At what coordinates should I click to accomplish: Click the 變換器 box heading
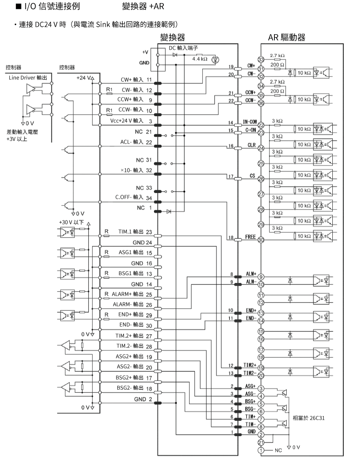tap(172, 37)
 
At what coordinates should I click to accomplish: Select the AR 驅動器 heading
tap(287, 37)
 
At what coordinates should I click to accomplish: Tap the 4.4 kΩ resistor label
tap(200, 59)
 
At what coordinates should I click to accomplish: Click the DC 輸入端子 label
tap(183, 48)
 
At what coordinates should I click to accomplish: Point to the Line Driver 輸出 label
tap(28, 78)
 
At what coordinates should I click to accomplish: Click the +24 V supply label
tap(83, 78)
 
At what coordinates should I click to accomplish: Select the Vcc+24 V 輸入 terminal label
tap(126, 121)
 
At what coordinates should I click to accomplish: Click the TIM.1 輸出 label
tap(130, 232)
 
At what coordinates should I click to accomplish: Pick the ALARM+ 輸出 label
tap(128, 294)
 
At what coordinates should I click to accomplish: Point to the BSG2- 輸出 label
tap(130, 388)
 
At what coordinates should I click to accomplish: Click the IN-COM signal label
tap(250, 122)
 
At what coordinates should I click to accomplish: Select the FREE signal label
tap(250, 237)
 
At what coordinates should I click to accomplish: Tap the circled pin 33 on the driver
tap(261, 59)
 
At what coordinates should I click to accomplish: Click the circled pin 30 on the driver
tap(261, 240)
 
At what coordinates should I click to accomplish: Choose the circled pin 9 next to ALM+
tap(261, 277)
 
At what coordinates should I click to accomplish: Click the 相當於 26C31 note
tap(309, 418)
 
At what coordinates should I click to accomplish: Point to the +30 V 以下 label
tap(71, 223)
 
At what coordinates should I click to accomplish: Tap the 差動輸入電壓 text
tap(22, 132)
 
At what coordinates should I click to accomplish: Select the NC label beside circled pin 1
tap(278, 450)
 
